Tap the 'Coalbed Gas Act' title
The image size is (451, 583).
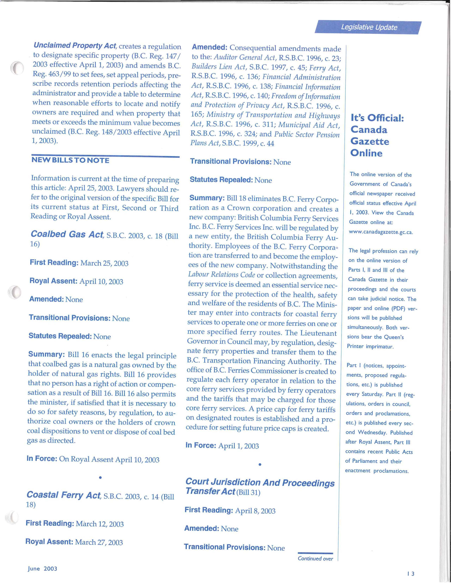67,234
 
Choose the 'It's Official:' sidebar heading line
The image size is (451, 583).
377,118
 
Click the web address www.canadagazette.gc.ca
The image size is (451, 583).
381,232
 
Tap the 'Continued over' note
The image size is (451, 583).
315,559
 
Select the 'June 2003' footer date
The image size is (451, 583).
42,569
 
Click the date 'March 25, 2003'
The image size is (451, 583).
104,263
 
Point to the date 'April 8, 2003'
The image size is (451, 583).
255,511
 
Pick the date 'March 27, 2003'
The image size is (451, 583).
99,542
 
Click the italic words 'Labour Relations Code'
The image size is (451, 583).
222,275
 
